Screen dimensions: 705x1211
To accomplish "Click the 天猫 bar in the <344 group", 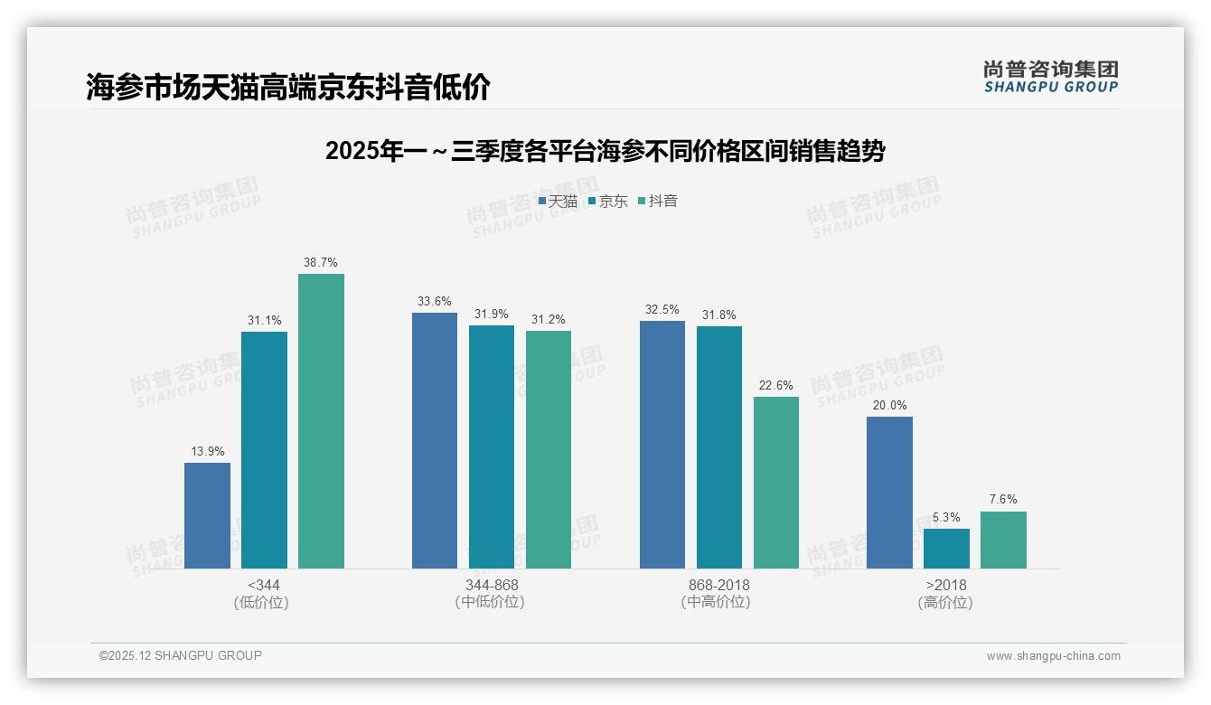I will click(x=207, y=515).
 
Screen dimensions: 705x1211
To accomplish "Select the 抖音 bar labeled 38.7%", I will click(x=321, y=421).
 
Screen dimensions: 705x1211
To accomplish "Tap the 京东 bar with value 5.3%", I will click(x=946, y=549).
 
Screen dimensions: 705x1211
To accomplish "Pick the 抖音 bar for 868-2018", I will click(x=776, y=483).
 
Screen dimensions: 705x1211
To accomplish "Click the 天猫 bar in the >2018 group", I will click(x=889, y=493).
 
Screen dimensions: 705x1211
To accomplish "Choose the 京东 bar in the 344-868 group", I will click(x=492, y=446).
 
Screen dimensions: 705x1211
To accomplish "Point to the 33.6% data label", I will click(x=435, y=302).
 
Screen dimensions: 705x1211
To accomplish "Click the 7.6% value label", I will click(x=1003, y=500).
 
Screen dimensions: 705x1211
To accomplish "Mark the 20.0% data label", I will click(x=889, y=406).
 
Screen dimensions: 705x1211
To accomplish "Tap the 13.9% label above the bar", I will click(x=207, y=452).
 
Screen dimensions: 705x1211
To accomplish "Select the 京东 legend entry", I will click(x=607, y=202).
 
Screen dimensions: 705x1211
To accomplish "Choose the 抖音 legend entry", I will click(x=658, y=202).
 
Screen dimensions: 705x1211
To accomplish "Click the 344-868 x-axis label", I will click(x=492, y=585).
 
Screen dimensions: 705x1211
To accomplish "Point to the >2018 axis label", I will click(x=946, y=585).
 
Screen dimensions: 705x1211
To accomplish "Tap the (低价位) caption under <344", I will click(x=261, y=603).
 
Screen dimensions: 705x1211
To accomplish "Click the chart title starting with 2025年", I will click(x=605, y=151).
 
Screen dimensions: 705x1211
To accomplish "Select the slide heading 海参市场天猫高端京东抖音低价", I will click(x=288, y=88).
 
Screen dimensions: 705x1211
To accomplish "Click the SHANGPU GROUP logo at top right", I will click(x=1050, y=77).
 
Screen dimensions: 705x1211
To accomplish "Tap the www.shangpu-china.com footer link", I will click(x=1053, y=656).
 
